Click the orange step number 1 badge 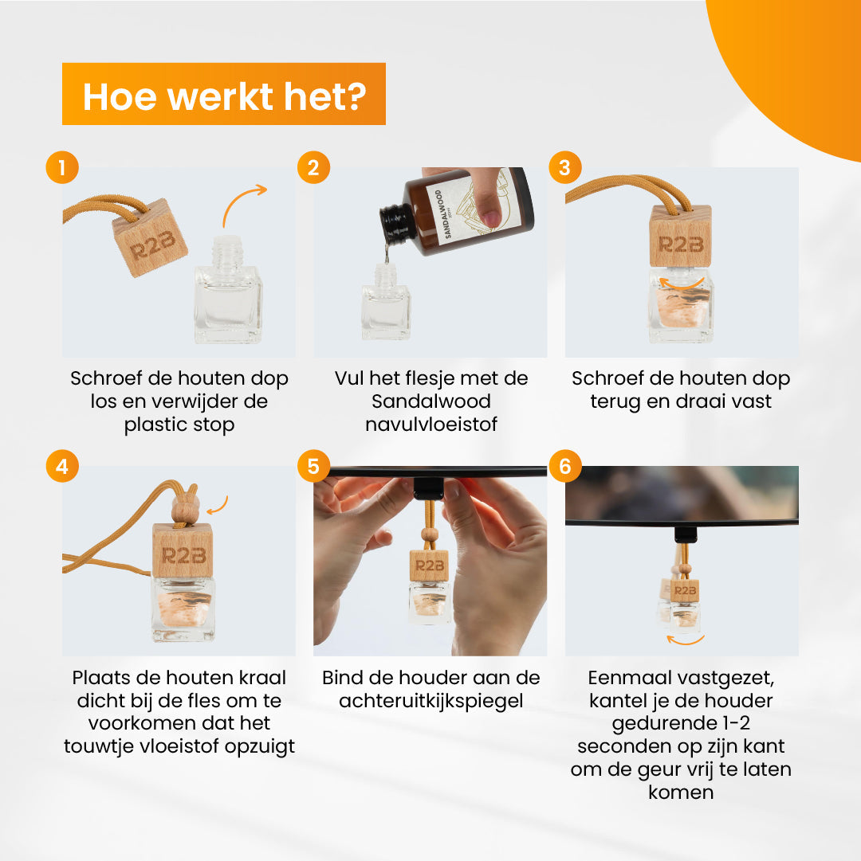coord(62,167)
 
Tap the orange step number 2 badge coord(314,167)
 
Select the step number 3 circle coord(565,167)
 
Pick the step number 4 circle coord(62,466)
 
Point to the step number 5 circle coord(314,466)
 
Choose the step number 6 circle coord(565,466)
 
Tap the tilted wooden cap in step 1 coord(150,238)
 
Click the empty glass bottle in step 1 coord(228,290)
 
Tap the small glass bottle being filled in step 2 coord(386,301)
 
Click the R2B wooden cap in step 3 coord(680,236)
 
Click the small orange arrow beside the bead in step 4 coord(218,505)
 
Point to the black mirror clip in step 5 coord(428,488)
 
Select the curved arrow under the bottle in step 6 coord(685,640)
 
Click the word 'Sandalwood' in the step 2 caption coord(431,401)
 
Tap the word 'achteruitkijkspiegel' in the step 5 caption coord(431,702)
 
